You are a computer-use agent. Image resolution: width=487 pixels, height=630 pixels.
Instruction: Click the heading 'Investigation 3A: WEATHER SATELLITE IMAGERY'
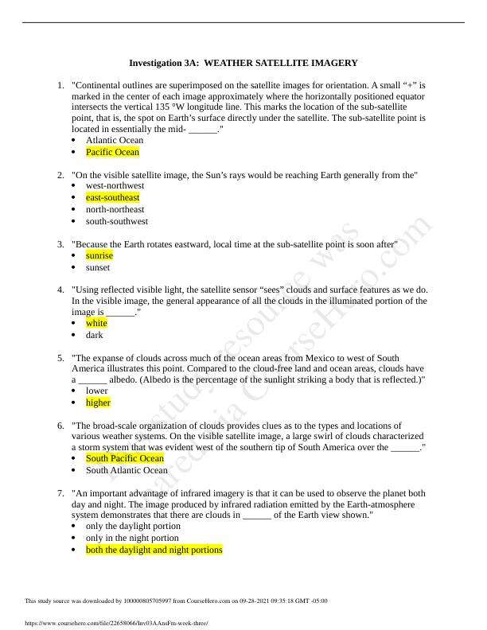pyautogui.click(x=243, y=62)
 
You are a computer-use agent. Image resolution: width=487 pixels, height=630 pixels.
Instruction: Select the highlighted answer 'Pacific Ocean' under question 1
pyautogui.click(x=112, y=152)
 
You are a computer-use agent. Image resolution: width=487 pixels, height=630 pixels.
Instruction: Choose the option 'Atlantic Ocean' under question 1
pyautogui.click(x=115, y=140)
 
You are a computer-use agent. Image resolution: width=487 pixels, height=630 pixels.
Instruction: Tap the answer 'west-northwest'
pyautogui.click(x=115, y=185)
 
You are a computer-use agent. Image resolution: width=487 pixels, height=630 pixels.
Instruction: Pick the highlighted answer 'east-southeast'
pyautogui.click(x=112, y=197)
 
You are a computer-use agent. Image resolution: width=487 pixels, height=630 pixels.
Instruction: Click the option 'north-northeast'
pyautogui.click(x=115, y=209)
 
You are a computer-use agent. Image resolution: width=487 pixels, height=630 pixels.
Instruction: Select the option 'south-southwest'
pyautogui.click(x=116, y=221)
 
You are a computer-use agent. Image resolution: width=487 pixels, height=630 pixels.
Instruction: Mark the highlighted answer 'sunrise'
pyautogui.click(x=99, y=255)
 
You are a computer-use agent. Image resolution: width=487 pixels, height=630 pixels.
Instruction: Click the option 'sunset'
pyautogui.click(x=99, y=267)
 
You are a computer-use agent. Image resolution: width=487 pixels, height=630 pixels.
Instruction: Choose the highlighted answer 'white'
pyautogui.click(x=96, y=323)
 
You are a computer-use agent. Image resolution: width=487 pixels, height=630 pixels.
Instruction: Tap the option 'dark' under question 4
pyautogui.click(x=95, y=335)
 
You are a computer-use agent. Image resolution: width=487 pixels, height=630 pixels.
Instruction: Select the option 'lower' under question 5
pyautogui.click(x=97, y=391)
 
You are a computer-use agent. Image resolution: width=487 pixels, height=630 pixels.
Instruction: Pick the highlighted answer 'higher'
pyautogui.click(x=99, y=402)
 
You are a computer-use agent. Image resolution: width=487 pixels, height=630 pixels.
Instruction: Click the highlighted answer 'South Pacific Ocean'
pyautogui.click(x=125, y=458)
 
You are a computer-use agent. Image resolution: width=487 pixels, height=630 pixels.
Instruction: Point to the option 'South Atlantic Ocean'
pyautogui.click(x=127, y=470)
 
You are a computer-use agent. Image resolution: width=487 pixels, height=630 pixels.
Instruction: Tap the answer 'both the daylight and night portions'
pyautogui.click(x=154, y=550)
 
